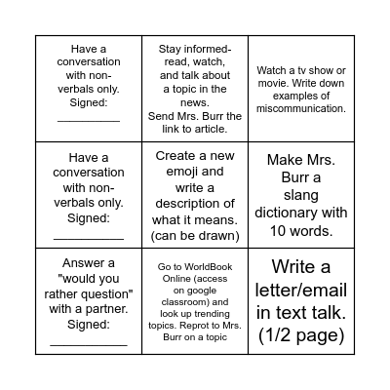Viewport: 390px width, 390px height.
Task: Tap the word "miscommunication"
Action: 301,108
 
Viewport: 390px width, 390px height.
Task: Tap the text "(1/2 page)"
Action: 300,333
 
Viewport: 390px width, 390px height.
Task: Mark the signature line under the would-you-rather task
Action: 88,344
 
